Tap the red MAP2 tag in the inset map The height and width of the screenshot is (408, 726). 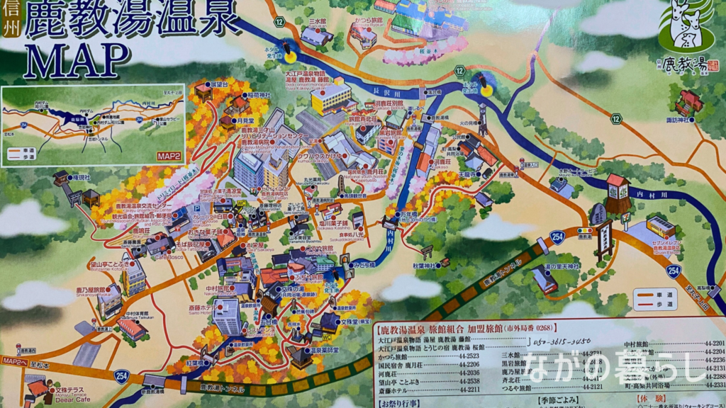pyautogui.click(x=169, y=157)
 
